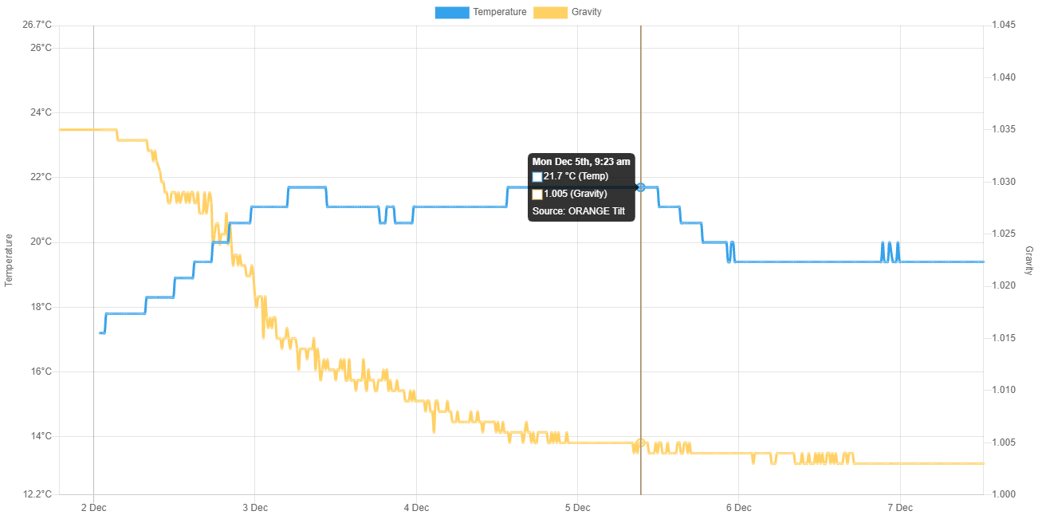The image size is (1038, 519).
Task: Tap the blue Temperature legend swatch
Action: click(451, 12)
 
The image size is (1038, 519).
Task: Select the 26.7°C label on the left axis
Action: click(37, 25)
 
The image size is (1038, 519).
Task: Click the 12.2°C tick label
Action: click(37, 493)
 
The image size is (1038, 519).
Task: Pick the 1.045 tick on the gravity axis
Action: click(1003, 25)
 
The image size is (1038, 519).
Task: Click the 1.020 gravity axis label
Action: click(1003, 285)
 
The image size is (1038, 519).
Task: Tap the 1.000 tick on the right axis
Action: click(1003, 493)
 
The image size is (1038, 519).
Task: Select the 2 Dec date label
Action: click(94, 507)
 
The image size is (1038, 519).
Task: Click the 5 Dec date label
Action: click(577, 507)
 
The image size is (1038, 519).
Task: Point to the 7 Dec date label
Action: click(899, 507)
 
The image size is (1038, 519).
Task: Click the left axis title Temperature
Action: click(10, 260)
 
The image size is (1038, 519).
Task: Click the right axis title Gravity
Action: click(1028, 260)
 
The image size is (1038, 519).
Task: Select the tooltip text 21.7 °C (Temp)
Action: click(576, 175)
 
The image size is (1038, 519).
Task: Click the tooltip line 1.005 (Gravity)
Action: click(575, 193)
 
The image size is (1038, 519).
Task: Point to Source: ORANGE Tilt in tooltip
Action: click(579, 211)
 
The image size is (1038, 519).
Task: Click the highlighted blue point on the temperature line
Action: click(642, 187)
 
